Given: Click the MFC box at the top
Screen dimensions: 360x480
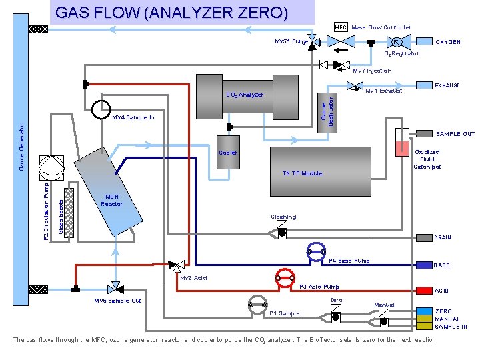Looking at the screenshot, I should (341, 27).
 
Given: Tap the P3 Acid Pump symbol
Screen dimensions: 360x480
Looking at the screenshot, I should (285, 277).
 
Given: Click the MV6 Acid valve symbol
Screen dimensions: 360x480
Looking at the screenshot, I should (177, 265).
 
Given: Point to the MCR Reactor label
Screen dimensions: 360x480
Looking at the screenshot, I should (112, 200).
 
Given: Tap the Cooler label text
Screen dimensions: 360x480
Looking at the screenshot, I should (228, 153).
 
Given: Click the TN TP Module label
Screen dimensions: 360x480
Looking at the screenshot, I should (301, 173).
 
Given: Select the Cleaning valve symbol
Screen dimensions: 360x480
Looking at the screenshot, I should (281, 231).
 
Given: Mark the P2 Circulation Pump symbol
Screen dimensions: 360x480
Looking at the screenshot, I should (51, 165).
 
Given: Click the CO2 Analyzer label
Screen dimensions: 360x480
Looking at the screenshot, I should (245, 95).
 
